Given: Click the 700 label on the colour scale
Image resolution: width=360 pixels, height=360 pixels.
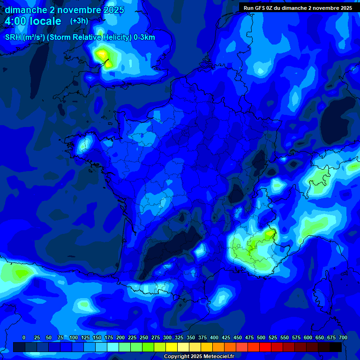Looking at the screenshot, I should point(343,337).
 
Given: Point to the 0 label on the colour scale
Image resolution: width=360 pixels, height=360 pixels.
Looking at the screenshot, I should point(24,337).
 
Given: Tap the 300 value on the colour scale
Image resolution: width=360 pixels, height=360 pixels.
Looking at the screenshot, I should point(167,337).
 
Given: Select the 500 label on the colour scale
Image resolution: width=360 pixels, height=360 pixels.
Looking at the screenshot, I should point(261,337).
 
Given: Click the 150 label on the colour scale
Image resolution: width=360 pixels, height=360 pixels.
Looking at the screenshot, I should point(97,337).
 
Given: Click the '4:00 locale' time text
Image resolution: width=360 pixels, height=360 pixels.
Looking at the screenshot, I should point(33,21).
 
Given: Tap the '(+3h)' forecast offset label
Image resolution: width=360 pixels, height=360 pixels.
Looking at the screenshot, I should point(79,21).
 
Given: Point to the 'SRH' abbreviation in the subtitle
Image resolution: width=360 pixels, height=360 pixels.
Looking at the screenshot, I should point(13,37).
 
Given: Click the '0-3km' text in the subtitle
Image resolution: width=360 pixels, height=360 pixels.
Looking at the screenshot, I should point(144,37).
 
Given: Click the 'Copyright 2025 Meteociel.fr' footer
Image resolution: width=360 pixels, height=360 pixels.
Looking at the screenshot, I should point(199,356).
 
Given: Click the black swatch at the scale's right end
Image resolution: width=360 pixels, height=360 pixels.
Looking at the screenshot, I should point(336,347).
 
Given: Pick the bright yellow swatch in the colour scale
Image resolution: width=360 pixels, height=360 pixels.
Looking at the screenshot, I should point(172,347).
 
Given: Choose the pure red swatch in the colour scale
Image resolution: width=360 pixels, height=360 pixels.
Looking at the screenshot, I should point(265,347).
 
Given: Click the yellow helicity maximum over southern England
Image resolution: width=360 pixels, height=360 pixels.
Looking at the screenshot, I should point(101,55).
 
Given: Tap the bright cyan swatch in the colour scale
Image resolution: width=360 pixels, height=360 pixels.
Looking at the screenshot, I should point(113,347).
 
